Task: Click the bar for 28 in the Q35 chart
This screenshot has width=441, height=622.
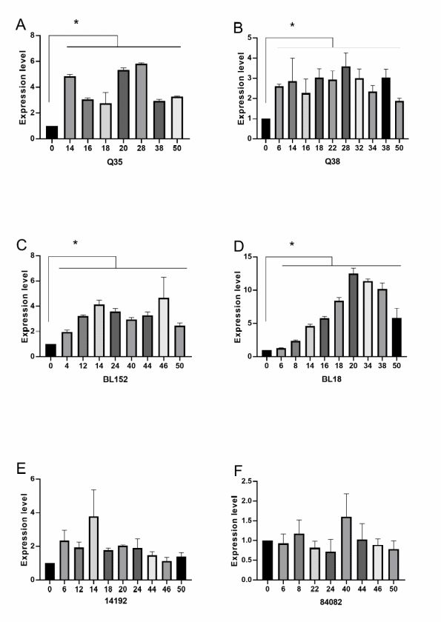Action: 141,101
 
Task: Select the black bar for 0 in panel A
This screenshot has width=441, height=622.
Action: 52,133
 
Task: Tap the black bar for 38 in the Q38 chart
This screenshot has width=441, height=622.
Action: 386,108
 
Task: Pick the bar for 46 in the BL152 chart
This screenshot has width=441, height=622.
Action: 164,327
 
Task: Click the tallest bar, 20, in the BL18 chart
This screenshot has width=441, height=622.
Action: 354,315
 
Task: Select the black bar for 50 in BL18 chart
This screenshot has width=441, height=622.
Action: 397,337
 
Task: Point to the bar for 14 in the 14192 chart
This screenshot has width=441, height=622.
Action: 93,548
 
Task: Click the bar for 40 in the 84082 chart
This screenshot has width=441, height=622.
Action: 346,549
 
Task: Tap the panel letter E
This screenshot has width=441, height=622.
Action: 21,469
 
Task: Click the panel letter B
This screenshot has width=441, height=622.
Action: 238,28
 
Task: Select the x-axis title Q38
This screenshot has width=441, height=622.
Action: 332,161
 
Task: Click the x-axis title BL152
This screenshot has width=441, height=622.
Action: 116,379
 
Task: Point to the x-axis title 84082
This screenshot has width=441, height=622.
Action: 331,602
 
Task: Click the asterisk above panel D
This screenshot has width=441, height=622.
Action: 292,244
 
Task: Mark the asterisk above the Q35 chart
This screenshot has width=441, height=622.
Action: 76,22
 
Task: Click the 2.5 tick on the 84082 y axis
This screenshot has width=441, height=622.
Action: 247,481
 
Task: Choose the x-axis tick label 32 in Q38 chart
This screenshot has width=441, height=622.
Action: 359,148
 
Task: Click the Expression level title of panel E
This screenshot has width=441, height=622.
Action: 24,529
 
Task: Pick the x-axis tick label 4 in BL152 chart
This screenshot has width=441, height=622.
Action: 67,366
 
